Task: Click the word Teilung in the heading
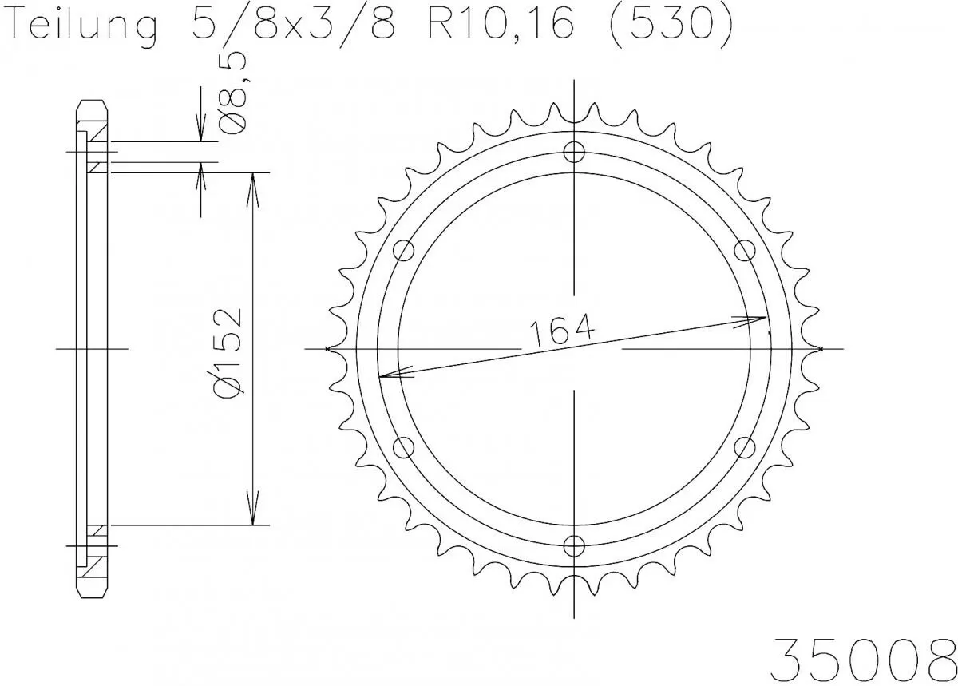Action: [83, 27]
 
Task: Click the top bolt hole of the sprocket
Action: [574, 152]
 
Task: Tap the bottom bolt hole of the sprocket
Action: [574, 545]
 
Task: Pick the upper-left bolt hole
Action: [405, 250]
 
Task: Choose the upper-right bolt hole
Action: [744, 250]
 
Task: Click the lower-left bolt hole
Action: [405, 446]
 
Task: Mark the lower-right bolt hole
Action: [744, 446]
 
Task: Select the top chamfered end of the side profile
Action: [92, 106]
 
